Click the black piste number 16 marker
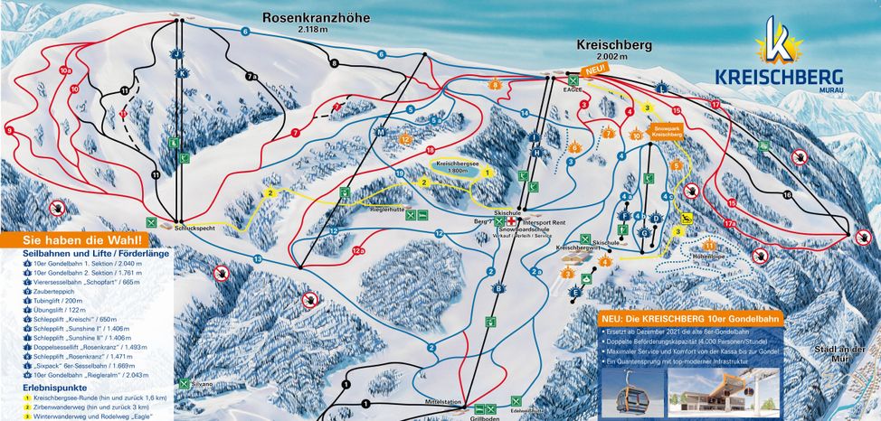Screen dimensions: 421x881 coord(787,195)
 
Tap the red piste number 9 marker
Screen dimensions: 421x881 coord(9,131)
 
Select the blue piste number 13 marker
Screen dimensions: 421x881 coord(257,259)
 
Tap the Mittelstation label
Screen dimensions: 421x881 coord(445,401)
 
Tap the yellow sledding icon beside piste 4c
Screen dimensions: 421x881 coord(687,219)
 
